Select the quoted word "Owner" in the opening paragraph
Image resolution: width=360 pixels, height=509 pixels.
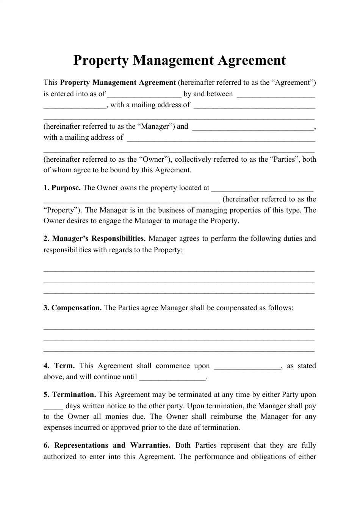tap(156, 159)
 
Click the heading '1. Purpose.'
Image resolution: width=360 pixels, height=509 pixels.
tap(62, 188)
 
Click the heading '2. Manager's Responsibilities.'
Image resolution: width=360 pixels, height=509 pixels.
tap(95, 239)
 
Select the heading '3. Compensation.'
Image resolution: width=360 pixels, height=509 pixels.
tap(72, 308)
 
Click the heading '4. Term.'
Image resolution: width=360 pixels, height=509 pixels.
tap(59, 366)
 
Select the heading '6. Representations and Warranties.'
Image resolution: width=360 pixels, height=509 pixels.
tap(107, 445)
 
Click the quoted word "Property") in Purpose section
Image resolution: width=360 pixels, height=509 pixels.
tap(62, 210)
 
